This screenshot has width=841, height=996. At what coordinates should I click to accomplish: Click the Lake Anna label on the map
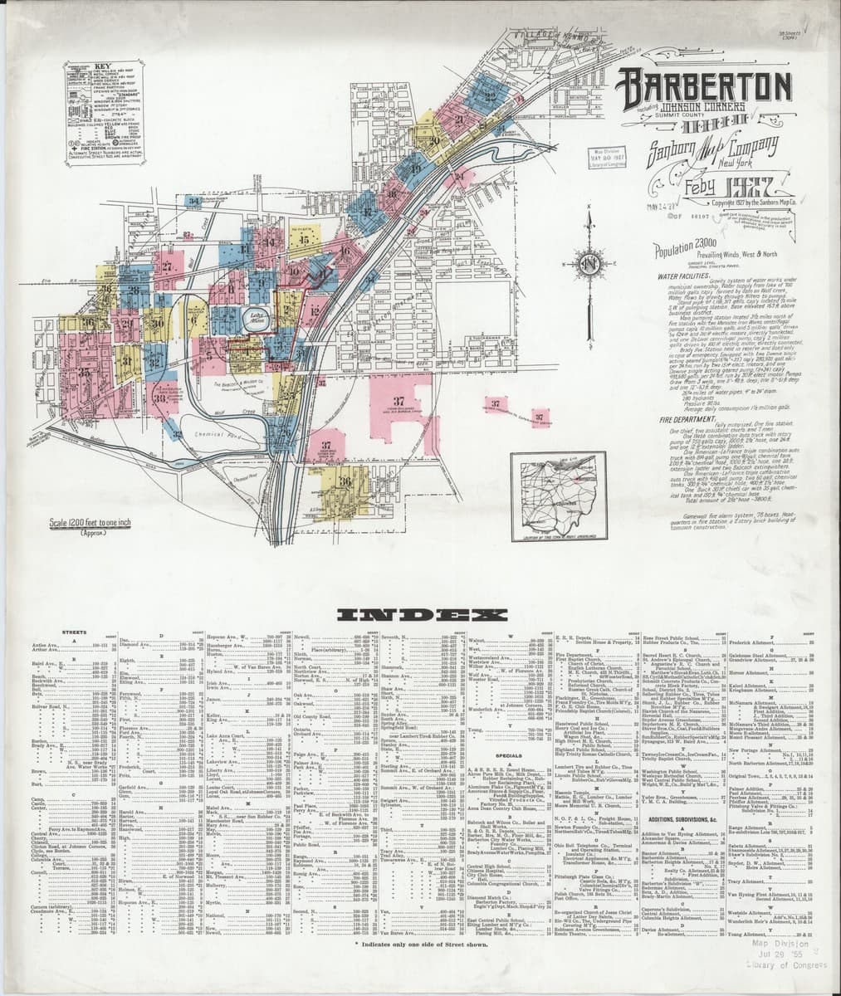255,316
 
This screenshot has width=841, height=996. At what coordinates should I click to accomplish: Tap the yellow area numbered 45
304,239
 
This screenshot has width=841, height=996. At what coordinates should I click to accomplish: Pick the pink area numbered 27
166,267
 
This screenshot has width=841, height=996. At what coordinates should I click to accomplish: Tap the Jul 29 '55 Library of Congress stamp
776,952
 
